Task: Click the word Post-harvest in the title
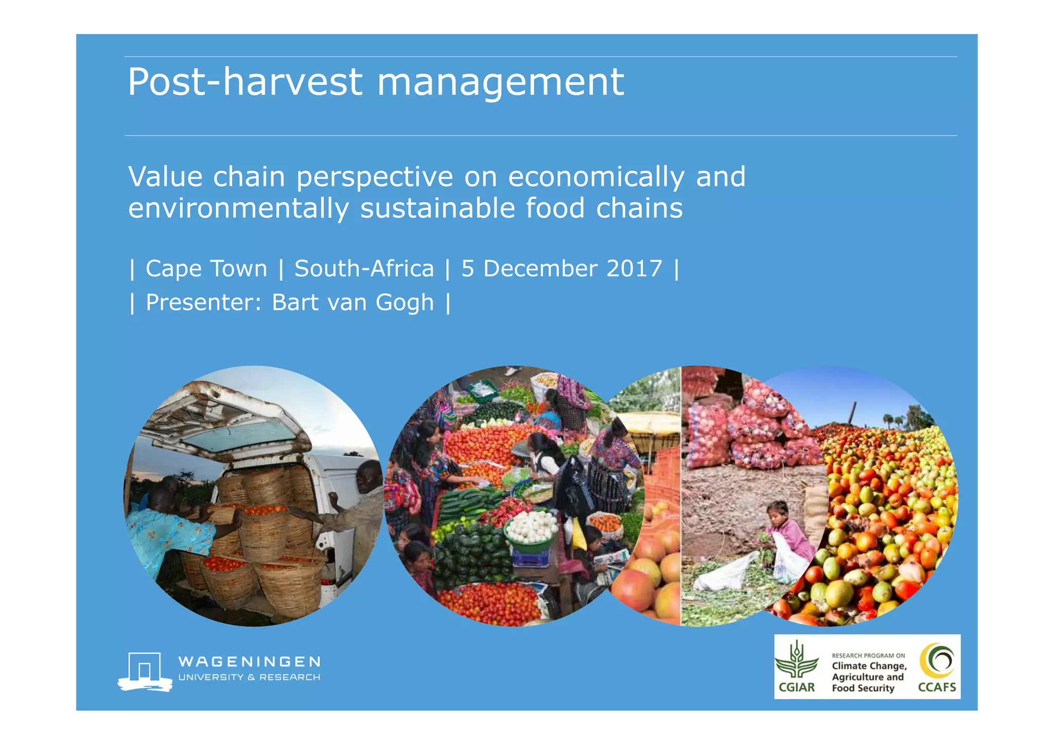[245, 82]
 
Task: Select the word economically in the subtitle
[596, 177]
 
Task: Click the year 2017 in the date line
[634, 269]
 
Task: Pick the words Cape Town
[206, 269]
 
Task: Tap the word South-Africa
[364, 269]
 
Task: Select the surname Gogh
[405, 303]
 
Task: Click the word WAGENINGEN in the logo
[249, 662]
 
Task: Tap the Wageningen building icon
[145, 671]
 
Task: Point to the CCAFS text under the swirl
[937, 687]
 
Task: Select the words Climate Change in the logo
[869, 666]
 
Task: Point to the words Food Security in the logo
[863, 688]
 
